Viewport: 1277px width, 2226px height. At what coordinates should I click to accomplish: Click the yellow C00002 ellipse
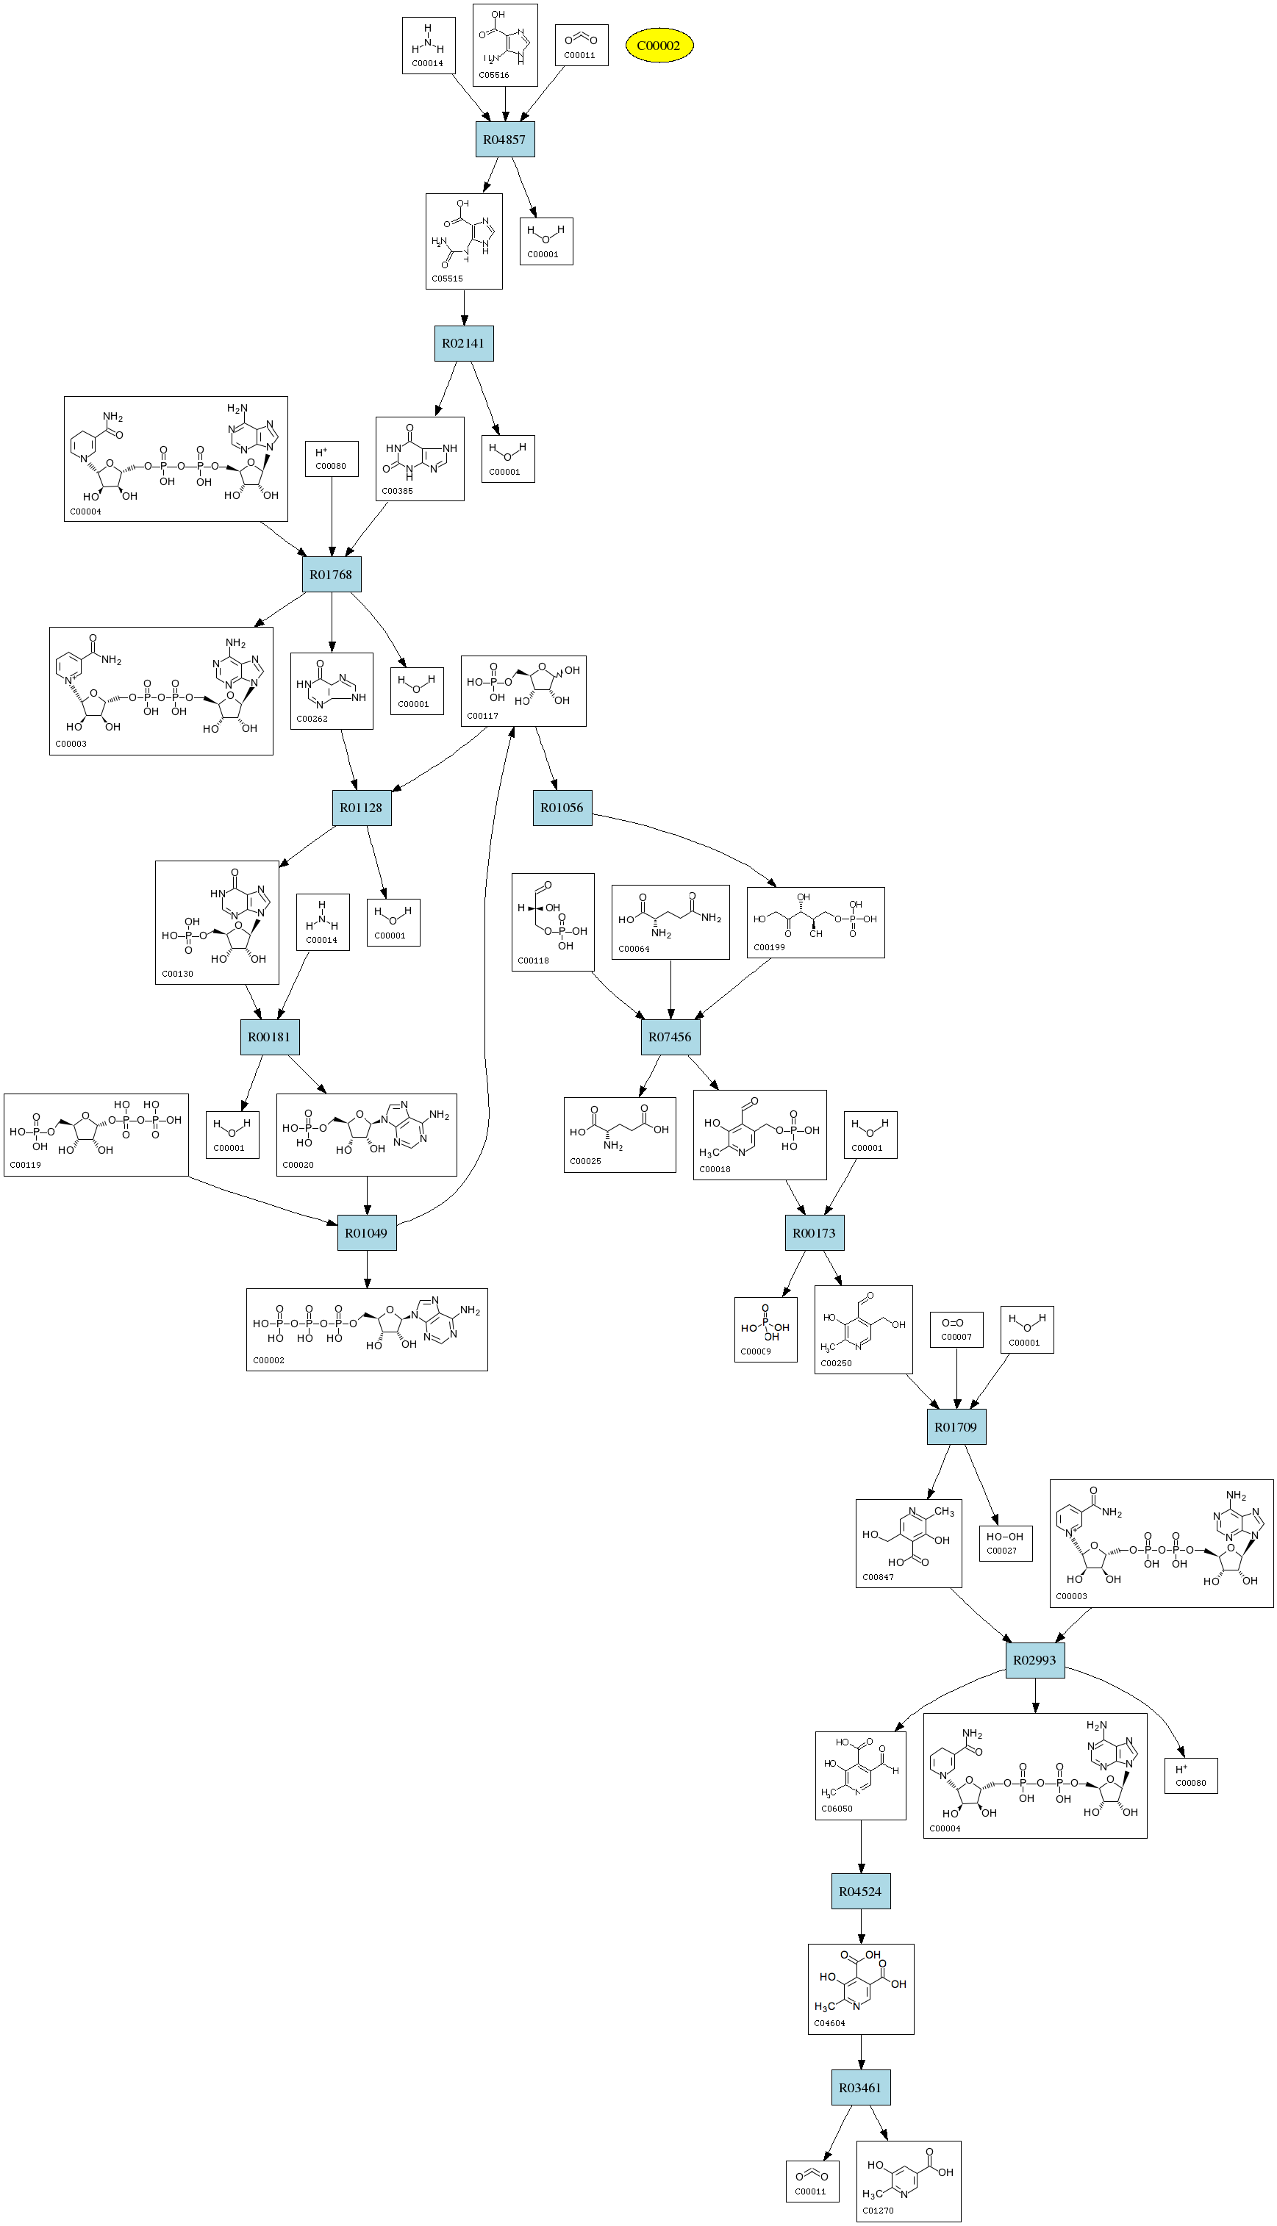[659, 46]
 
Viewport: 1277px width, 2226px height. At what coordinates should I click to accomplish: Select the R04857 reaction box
[504, 140]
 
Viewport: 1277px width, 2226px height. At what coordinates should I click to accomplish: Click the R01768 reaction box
[331, 575]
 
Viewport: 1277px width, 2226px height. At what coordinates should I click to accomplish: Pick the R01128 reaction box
[362, 808]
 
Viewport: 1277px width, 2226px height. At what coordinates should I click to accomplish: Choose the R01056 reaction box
[562, 808]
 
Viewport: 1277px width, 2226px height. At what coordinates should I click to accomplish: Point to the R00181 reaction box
[269, 1036]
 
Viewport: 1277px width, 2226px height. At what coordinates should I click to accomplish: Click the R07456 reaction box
[670, 1036]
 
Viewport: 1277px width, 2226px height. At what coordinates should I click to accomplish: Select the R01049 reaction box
[367, 1232]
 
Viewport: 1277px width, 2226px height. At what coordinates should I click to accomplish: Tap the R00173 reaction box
[814, 1232]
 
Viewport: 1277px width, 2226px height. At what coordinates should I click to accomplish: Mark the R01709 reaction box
[956, 1426]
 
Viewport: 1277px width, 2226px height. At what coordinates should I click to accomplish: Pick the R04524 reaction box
[860, 1891]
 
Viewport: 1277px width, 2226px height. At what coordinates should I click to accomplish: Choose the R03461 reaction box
[860, 2088]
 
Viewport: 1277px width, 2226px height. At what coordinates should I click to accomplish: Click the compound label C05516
[494, 76]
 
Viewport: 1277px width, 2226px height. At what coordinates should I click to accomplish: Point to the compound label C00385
[397, 491]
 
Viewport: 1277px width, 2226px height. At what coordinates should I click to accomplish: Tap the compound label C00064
[634, 949]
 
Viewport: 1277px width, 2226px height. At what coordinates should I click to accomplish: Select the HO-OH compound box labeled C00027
[1005, 1542]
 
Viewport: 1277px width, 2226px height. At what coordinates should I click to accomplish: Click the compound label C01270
[878, 2211]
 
